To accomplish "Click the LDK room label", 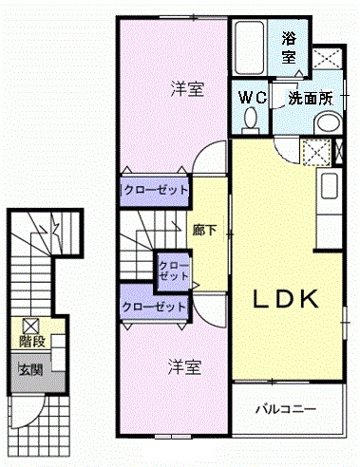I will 284,300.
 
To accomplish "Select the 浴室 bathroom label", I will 290,48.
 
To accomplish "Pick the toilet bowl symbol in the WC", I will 251,119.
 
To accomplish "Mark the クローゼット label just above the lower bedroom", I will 154,307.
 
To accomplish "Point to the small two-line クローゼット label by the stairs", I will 173,270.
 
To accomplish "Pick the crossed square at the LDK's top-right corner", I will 317,152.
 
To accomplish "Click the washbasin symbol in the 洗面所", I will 326,121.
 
